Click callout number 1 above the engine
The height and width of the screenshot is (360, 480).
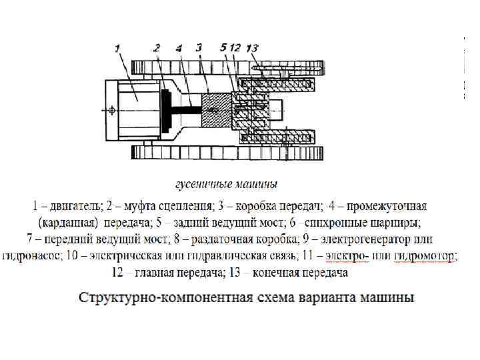pyautogui.click(x=117, y=47)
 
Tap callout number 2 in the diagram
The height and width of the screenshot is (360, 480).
pyautogui.click(x=157, y=47)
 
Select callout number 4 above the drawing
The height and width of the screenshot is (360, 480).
pyautogui.click(x=178, y=48)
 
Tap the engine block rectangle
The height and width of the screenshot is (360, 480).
pyautogui.click(x=133, y=107)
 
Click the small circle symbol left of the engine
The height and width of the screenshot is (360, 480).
pyautogui.click(x=112, y=109)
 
